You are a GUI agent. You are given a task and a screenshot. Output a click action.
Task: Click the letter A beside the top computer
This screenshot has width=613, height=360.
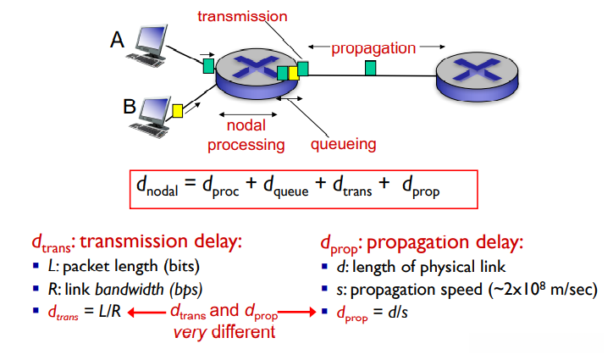click(118, 40)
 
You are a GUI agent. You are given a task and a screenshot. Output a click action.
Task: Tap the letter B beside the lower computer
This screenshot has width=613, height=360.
click(130, 107)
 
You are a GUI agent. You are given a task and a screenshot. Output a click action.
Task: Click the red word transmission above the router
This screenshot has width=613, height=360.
click(242, 16)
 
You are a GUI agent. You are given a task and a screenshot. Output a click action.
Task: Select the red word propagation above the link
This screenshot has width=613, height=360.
click(373, 48)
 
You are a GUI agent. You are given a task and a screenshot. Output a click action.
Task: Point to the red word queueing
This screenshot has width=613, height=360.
click(343, 144)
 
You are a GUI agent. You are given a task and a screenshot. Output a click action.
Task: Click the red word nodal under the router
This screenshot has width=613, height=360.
click(246, 125)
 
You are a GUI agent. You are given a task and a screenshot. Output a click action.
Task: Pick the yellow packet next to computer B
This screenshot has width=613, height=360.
click(178, 111)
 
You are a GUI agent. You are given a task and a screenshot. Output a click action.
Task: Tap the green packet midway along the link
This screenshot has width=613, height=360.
click(370, 68)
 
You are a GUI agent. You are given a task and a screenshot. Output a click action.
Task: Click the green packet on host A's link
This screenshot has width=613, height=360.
click(208, 66)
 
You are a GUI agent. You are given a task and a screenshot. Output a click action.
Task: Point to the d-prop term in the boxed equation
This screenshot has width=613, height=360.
click(421, 186)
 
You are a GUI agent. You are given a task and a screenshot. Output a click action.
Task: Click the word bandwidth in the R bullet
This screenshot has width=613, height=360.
click(130, 290)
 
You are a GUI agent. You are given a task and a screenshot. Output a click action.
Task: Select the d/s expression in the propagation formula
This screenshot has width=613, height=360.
click(398, 313)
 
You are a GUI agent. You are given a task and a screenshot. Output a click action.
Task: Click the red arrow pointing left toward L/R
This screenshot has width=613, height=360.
click(147, 313)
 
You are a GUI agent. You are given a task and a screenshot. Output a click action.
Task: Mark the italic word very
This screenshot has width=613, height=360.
click(190, 333)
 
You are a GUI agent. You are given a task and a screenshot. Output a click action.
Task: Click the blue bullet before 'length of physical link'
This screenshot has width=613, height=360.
click(324, 267)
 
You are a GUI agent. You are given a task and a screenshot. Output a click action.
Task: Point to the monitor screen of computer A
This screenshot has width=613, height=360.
click(152, 38)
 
